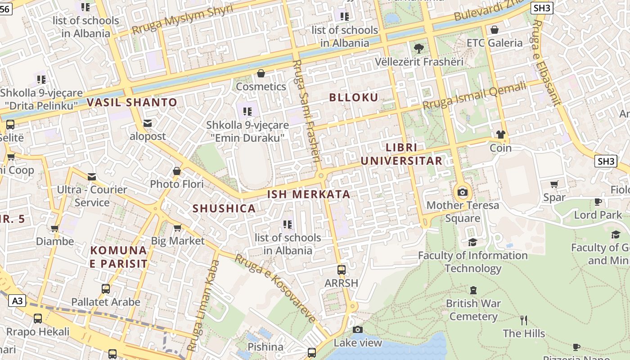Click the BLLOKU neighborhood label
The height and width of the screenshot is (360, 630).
point(354,98)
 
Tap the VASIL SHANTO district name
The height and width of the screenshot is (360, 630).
point(132,103)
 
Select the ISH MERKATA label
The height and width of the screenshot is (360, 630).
point(309,194)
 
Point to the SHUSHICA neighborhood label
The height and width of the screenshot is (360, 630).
point(224,208)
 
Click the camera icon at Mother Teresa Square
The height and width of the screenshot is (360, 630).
point(462,193)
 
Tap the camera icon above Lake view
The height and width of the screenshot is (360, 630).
point(358,330)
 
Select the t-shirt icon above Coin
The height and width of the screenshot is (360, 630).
point(500,135)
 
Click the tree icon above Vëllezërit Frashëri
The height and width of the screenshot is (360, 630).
point(419,48)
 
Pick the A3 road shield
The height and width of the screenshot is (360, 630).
point(17,301)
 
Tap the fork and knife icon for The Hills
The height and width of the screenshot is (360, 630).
point(523,320)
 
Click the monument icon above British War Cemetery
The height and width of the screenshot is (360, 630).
point(473,290)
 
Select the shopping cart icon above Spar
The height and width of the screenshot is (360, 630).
point(554,184)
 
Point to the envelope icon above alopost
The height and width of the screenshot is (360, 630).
point(147,123)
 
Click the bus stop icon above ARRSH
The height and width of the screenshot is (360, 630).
point(342,270)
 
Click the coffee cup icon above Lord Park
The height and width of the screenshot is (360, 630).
point(598,202)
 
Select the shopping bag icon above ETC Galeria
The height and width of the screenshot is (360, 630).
point(494,30)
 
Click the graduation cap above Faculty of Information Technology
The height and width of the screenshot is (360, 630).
point(472,243)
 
